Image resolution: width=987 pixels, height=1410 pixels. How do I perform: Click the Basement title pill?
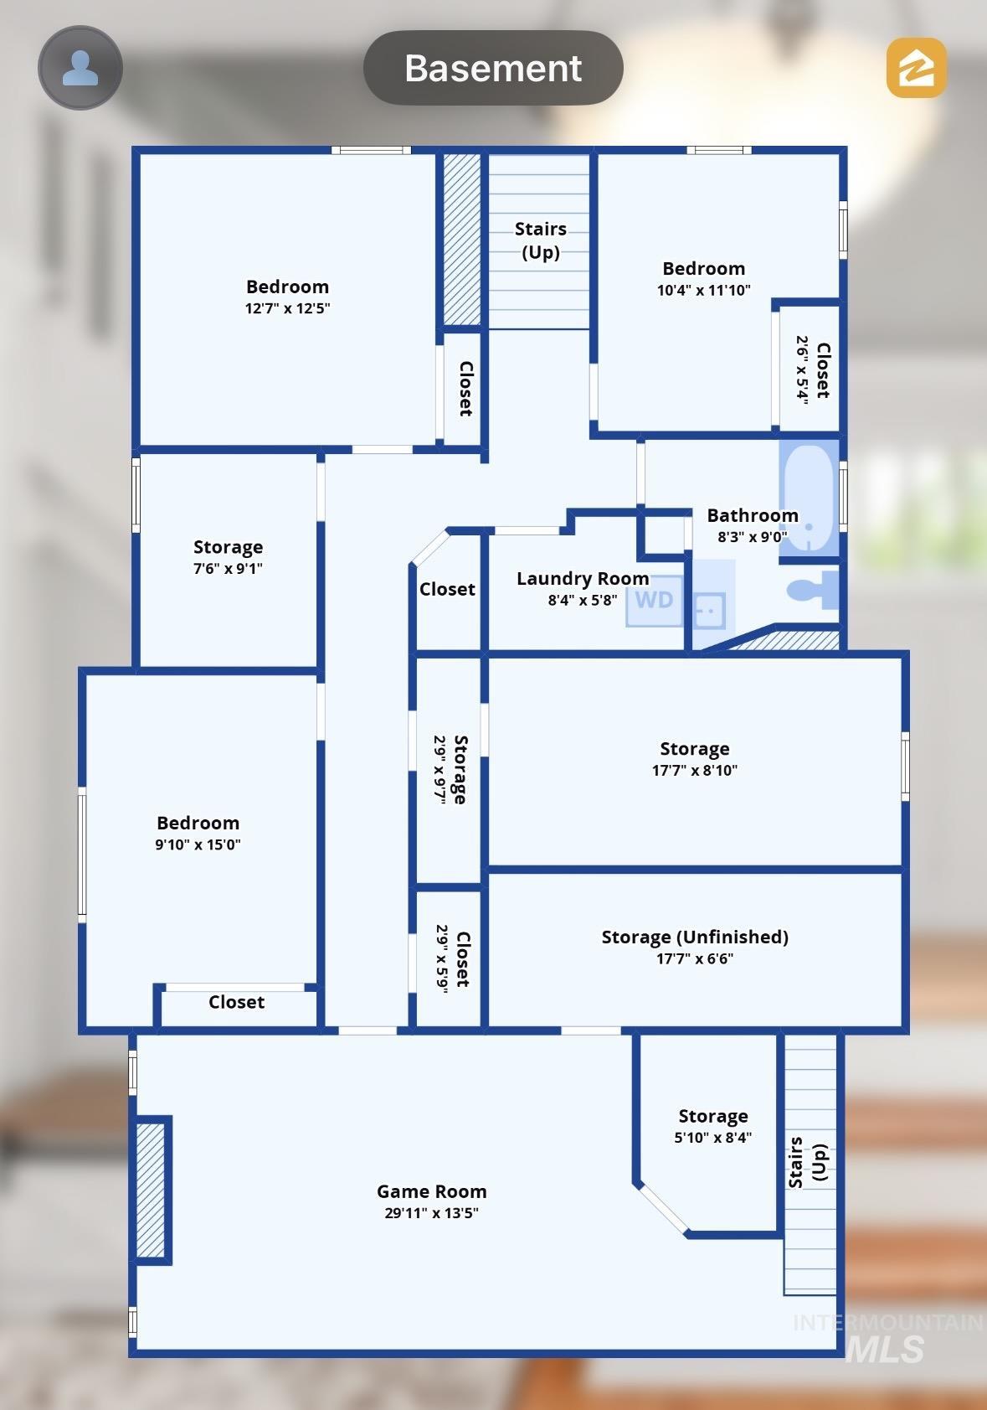493,67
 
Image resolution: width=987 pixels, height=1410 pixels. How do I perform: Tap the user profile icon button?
80,67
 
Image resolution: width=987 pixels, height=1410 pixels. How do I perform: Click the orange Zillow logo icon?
917,67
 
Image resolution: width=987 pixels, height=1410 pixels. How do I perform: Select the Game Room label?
431,1191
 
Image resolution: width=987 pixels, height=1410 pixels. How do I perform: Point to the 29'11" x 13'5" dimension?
431,1212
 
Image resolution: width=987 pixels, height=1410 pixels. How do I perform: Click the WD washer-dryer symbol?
654,600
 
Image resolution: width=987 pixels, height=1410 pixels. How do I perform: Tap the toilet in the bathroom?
813,591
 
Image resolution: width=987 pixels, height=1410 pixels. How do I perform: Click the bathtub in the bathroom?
809,498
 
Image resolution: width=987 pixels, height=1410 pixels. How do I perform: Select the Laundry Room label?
583,578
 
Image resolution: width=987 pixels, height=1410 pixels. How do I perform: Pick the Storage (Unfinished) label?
695,937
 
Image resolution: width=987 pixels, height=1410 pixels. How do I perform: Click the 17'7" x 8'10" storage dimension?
695,770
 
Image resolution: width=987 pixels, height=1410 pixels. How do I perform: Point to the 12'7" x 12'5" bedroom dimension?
287,307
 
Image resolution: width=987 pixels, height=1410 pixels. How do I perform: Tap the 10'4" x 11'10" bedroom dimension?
703,290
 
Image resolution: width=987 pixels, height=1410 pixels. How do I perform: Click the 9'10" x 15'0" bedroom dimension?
198,844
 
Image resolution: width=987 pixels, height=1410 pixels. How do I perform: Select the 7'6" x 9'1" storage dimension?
228,568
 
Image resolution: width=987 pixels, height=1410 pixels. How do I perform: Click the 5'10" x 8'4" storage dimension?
712,1137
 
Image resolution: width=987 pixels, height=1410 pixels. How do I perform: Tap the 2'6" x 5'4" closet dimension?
802,370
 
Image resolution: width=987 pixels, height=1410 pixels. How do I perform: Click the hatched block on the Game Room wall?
151,1190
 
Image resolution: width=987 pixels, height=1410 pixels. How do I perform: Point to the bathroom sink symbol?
710,609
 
